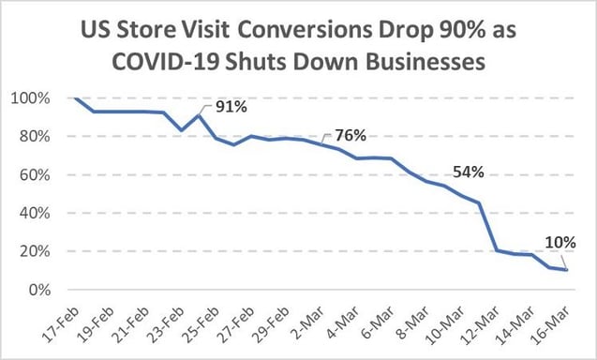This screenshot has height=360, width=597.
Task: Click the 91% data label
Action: tap(232, 107)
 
